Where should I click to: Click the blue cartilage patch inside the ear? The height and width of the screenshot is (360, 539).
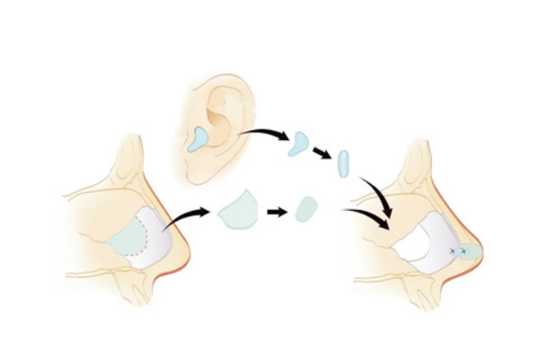click(199, 137)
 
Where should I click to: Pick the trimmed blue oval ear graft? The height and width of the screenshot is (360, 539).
click(341, 164)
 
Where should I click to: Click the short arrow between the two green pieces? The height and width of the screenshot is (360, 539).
click(278, 214)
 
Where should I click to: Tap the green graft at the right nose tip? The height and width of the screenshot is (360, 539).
click(470, 252)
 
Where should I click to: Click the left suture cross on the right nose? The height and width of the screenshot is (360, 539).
click(452, 252)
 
